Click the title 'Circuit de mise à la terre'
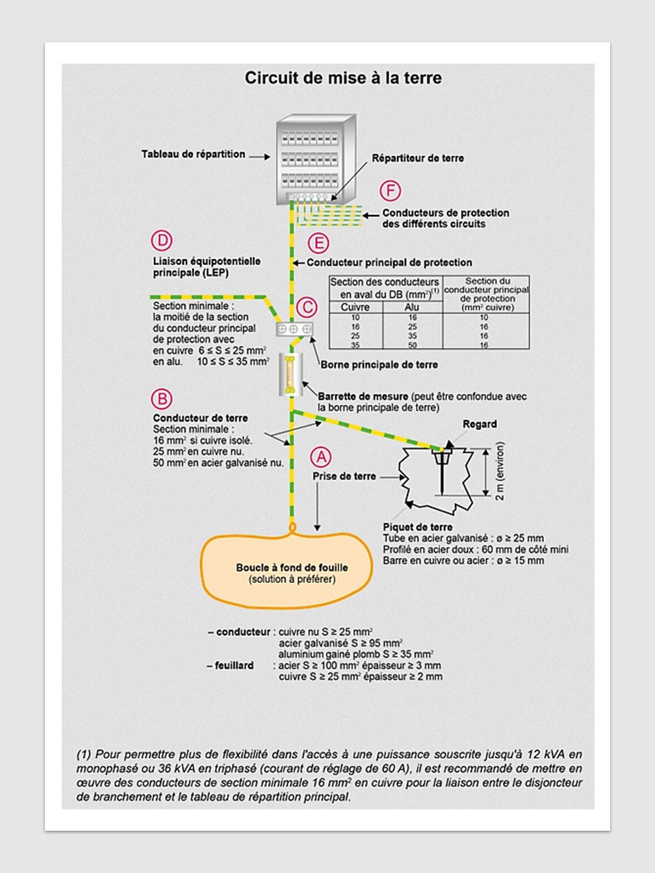[x=343, y=78]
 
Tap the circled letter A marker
[x=321, y=457]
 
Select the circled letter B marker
[x=161, y=399]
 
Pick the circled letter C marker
[x=307, y=307]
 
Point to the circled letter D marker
[x=161, y=241]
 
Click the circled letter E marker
[x=318, y=244]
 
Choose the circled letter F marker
[x=390, y=190]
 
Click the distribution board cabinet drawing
[x=316, y=159]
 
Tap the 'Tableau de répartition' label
[x=194, y=155]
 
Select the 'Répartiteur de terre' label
[x=418, y=158]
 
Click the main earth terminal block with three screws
[x=295, y=329]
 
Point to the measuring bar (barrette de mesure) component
[x=290, y=375]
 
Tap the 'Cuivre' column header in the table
[x=355, y=307]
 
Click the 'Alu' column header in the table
[x=412, y=307]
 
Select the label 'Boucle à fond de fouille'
[x=292, y=568]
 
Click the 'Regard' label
[x=480, y=424]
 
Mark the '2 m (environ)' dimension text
[x=500, y=471]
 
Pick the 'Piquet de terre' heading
[x=417, y=527]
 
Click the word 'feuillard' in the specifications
[x=234, y=666]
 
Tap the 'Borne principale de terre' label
[x=379, y=365]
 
